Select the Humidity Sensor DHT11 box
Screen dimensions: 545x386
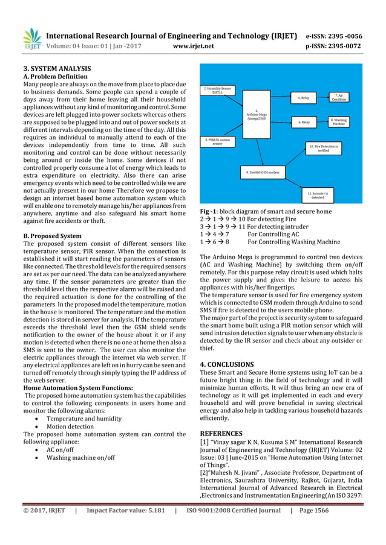coord(217,91)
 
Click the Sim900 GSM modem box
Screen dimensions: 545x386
coord(263,172)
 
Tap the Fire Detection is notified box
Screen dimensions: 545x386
coord(324,147)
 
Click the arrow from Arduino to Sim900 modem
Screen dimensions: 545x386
coord(263,153)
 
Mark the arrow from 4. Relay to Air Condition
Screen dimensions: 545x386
coord(321,97)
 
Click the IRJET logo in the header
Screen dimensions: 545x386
coord(31,39)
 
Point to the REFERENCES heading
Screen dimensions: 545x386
coord(226,433)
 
